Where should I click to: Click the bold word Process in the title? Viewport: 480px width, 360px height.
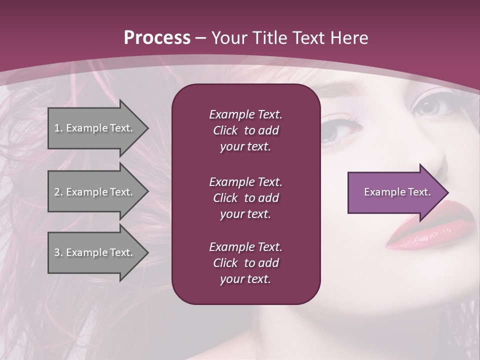157,38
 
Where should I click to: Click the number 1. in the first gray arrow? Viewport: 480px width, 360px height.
58,128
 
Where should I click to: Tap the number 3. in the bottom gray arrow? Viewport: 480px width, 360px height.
58,252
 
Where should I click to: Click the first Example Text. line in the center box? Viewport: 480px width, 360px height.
245,114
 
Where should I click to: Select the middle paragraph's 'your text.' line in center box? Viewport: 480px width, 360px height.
245,214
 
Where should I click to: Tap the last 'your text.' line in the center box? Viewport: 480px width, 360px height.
245,279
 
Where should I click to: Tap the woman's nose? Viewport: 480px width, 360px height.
435,160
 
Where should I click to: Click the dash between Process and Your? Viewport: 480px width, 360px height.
201,38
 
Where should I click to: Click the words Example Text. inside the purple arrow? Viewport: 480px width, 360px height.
397,192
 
